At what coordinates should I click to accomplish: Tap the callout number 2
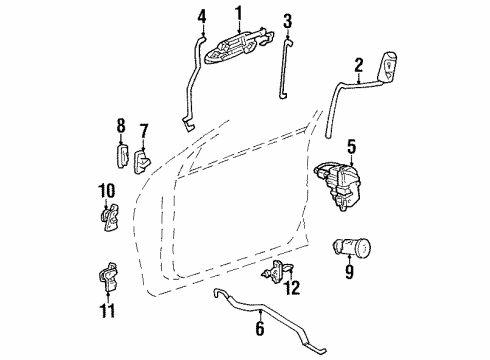[x=358, y=66]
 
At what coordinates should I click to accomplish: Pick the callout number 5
[x=350, y=149]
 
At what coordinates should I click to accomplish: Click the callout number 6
[x=260, y=327]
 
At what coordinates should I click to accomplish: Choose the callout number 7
[x=143, y=131]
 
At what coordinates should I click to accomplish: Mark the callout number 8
[x=120, y=125]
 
